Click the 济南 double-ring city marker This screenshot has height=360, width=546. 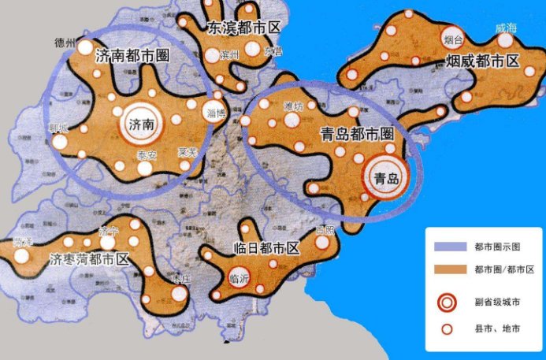click(139, 124)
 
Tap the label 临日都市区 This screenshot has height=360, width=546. click(266, 248)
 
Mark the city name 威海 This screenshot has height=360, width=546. click(505, 28)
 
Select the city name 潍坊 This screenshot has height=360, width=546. click(293, 106)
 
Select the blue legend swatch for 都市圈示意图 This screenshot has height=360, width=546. click(449, 247)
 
